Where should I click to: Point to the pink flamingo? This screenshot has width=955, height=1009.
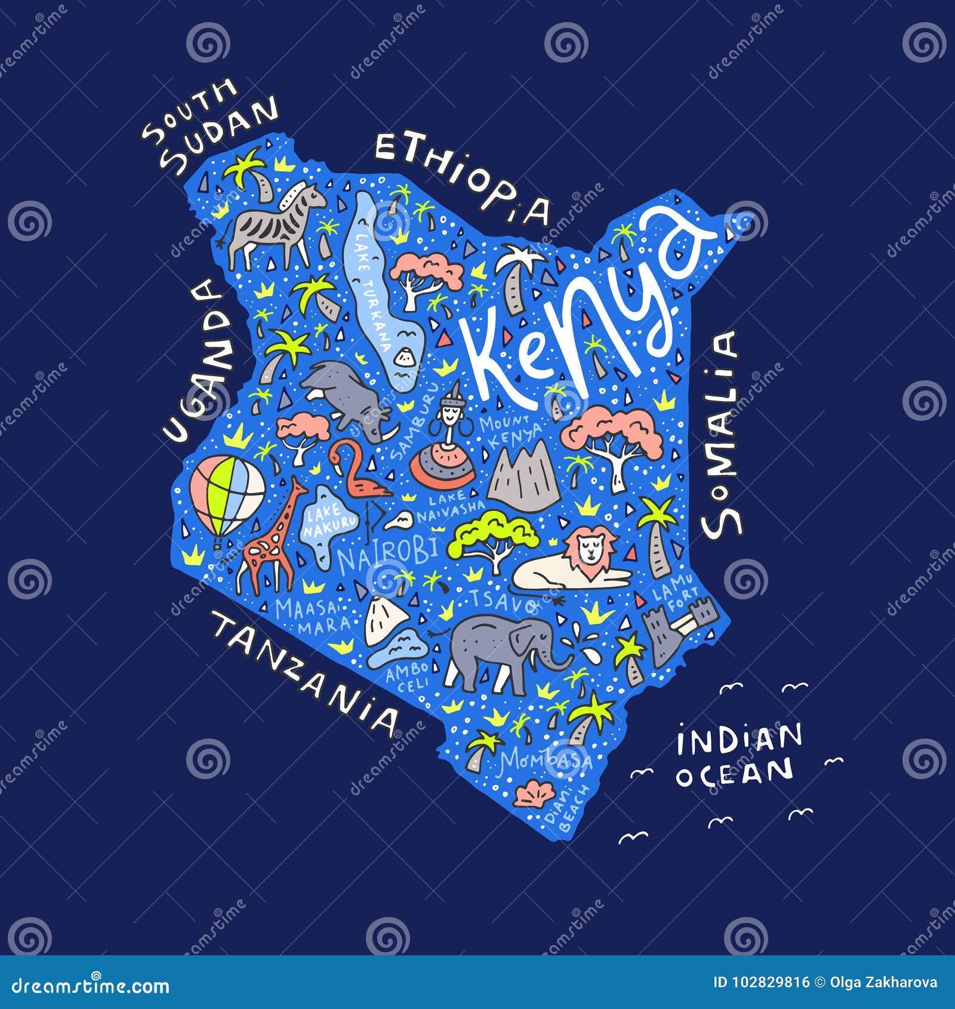358,478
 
